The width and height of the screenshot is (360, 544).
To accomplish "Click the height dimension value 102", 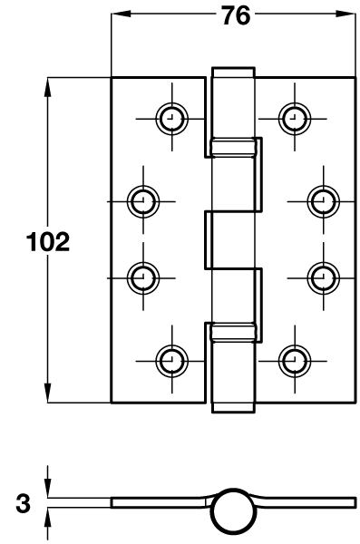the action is point(48,242).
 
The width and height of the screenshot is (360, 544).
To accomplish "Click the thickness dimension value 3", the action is point(22,502).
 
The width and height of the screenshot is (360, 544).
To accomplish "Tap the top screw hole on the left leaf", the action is point(170,117).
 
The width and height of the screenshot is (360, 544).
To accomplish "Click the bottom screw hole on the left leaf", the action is point(170,360).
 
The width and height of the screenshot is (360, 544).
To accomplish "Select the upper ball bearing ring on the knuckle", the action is point(233,146).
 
